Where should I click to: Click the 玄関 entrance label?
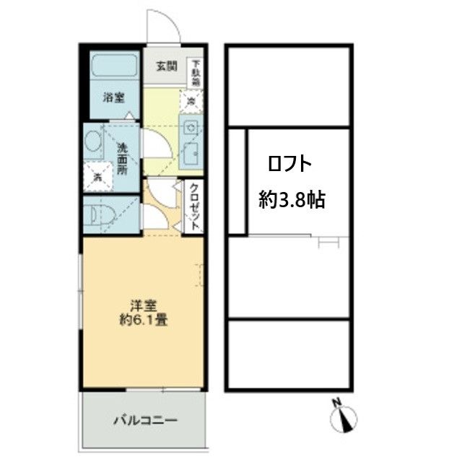click(x=166, y=66)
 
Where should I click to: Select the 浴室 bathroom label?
click(x=113, y=97)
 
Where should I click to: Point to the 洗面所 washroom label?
click(x=123, y=157)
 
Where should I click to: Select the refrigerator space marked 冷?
click(x=191, y=102)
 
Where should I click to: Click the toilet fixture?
click(x=97, y=214)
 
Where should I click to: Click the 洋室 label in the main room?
click(x=141, y=304)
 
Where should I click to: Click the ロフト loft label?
click(x=290, y=164)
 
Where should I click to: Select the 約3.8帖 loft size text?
click(x=292, y=200)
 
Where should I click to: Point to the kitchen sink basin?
click(x=192, y=153)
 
